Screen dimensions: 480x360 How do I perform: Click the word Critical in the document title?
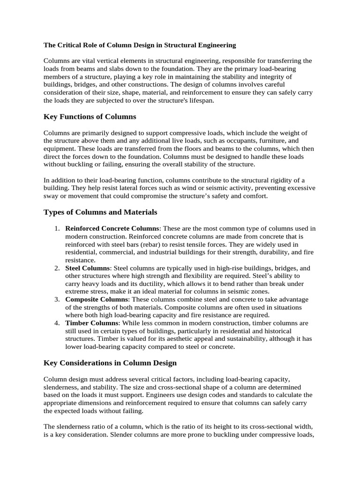pyautogui.click(x=70, y=45)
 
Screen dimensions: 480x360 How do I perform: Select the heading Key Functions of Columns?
pyautogui.click(x=90, y=117)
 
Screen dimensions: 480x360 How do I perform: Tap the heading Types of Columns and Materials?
pyautogui.click(x=100, y=212)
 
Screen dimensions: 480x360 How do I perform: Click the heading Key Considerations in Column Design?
pyautogui.click(x=110, y=362)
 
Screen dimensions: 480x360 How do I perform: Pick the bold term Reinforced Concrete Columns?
pyautogui.click(x=112, y=228)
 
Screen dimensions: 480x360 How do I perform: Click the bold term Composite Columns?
pyautogui.click(x=96, y=299)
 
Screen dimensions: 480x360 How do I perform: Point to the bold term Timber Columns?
pyautogui.click(x=91, y=323)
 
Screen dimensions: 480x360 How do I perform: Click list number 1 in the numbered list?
pyautogui.click(x=56, y=228)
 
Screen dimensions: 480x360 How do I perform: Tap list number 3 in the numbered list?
pyautogui.click(x=56, y=299)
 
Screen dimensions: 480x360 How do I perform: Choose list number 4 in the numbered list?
pyautogui.click(x=56, y=323)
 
